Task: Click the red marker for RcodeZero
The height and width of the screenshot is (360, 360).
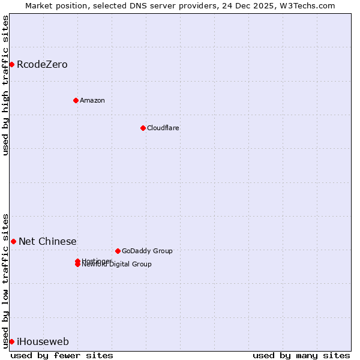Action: point(11,64)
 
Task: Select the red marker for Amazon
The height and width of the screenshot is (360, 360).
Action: point(76,100)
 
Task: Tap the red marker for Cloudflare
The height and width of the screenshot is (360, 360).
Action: point(143,128)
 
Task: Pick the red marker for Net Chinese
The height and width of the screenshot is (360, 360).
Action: point(13,241)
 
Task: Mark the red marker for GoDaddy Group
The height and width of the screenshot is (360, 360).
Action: point(118,251)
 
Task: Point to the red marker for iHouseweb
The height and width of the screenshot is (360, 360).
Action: point(11,341)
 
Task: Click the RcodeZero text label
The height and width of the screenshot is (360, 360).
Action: point(42,64)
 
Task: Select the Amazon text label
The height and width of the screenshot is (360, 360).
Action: point(92,100)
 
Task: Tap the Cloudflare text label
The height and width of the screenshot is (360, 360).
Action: point(163,128)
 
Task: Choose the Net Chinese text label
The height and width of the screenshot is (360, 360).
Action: point(47,241)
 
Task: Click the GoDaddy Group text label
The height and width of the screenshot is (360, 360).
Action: point(147,251)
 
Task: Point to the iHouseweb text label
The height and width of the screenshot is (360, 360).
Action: point(43,341)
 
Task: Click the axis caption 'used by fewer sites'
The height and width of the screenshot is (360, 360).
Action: point(62,355)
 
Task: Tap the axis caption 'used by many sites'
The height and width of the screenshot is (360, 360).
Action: point(301,355)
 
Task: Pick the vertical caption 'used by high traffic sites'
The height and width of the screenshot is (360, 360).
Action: point(5,85)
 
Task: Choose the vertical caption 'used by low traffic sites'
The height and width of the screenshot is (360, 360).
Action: point(5,280)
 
